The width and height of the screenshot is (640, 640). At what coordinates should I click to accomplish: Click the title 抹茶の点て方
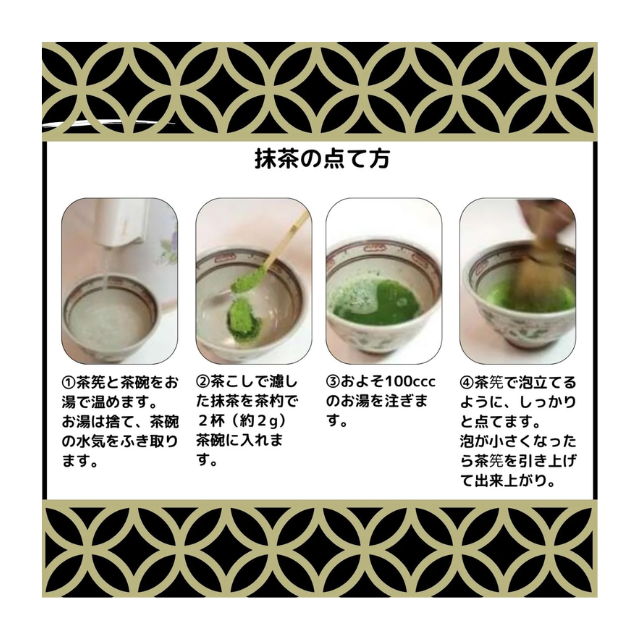point(322,158)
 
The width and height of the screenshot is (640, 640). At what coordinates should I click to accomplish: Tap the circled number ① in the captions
point(68,382)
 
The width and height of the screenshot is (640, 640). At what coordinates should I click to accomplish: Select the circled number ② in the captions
point(203,382)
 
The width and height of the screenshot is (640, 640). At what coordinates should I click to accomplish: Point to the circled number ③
point(333,382)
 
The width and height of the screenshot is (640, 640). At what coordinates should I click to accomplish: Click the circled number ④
point(467,382)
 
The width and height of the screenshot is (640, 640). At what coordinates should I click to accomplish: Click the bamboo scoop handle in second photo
point(287,240)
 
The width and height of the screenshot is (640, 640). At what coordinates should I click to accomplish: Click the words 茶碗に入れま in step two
point(239,440)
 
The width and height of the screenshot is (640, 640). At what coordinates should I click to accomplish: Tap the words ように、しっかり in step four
point(518,402)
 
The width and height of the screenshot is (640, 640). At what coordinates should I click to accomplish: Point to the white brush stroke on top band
point(109,122)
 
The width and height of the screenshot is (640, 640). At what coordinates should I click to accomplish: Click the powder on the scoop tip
point(243,281)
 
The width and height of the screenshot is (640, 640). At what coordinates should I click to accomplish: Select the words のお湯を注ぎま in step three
point(377,401)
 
